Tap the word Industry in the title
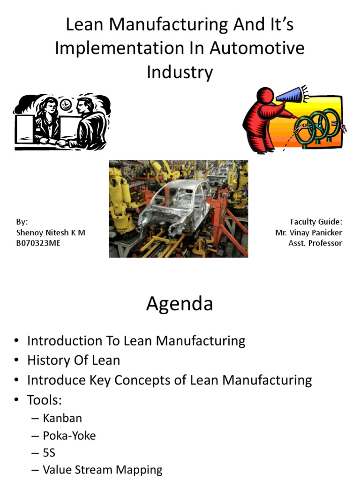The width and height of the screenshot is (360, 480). coord(180,72)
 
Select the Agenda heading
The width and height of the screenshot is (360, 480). coord(180,304)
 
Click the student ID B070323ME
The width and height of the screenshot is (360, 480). coord(38,243)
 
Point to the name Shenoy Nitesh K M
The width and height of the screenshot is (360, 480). coord(51,232)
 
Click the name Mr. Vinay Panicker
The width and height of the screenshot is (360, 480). coord(309,232)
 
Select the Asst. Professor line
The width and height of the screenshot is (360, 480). coord(315,243)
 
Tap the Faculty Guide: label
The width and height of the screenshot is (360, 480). coord(316,222)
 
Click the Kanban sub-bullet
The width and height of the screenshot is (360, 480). coord(62,418)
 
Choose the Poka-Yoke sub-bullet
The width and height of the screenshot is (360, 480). coord(69,435)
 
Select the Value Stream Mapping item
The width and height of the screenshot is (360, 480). coord(103,469)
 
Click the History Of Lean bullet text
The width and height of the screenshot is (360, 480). coord(74,360)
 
